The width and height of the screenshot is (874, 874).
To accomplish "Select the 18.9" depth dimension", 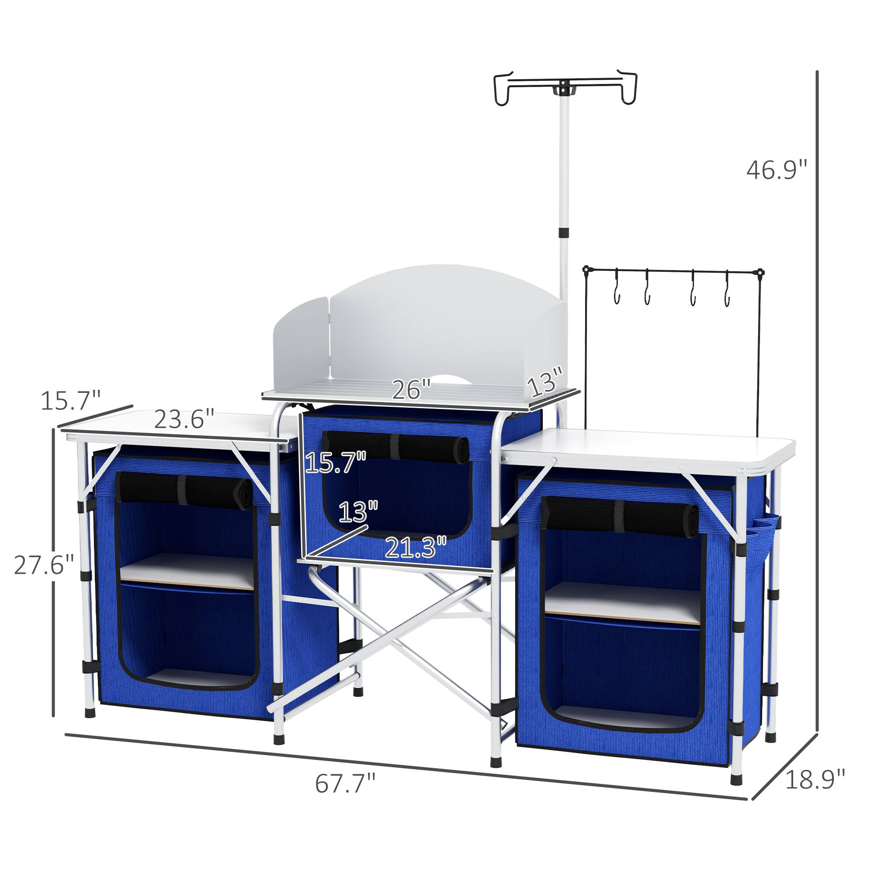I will coord(814,780).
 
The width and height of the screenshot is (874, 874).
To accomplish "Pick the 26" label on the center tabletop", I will coord(411,389).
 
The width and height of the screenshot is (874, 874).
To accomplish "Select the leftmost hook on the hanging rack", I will coord(617,291).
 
